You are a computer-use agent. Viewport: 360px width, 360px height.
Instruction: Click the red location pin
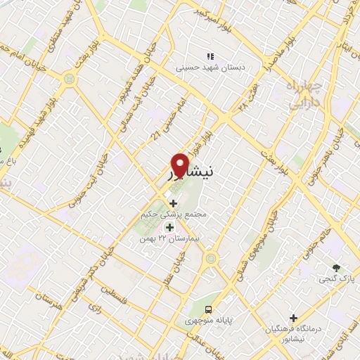tap(180, 164)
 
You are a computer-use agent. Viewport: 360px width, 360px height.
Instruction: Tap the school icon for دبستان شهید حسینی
tap(208, 56)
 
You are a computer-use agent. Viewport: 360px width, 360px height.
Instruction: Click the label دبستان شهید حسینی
tap(208, 68)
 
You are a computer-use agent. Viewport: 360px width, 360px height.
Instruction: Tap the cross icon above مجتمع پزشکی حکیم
tap(173, 203)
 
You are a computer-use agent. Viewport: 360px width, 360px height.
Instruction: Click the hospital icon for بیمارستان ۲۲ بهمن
tap(169, 227)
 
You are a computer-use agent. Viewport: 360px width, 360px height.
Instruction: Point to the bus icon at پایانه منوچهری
tap(208, 309)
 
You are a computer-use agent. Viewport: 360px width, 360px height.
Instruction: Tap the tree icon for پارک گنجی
tap(336, 267)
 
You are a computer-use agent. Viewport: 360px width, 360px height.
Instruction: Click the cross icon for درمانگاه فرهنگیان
tap(293, 318)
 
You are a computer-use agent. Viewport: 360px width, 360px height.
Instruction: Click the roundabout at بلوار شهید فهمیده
tap(69, 79)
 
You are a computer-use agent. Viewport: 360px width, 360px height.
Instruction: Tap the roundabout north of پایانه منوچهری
tap(209, 259)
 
